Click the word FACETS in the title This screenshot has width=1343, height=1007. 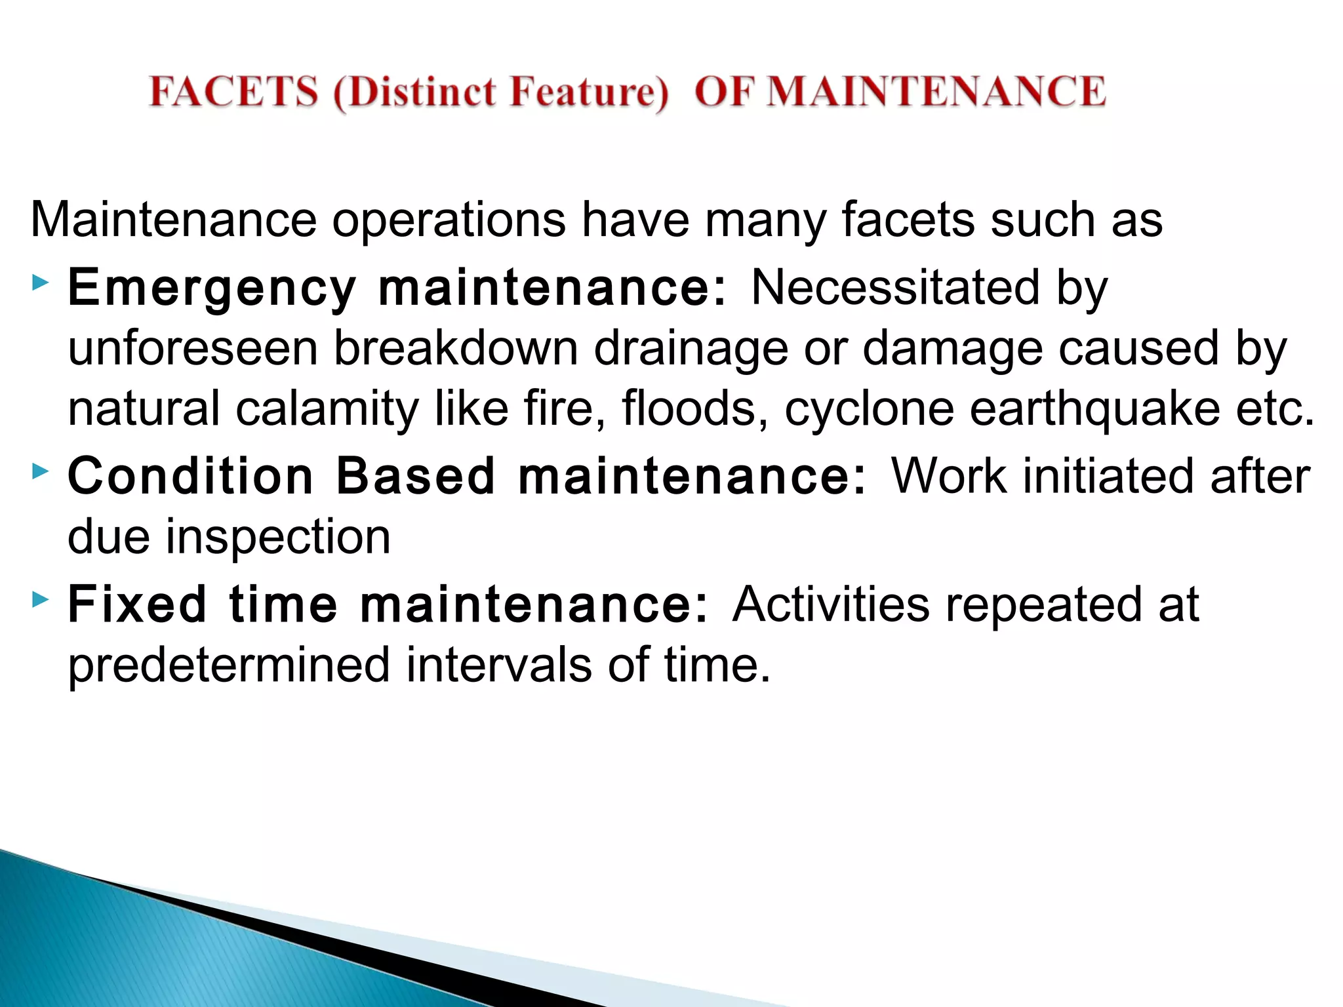[x=233, y=91]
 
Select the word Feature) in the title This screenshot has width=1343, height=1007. [x=589, y=92]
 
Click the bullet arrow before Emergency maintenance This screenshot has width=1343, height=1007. [x=40, y=283]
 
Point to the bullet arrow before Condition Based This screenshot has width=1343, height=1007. [x=40, y=471]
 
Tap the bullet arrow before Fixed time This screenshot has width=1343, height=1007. [x=40, y=599]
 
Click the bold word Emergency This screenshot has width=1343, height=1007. [x=212, y=288]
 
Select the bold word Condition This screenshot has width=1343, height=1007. [x=191, y=476]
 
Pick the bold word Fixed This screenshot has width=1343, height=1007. [x=137, y=604]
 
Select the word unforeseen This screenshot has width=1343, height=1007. [x=193, y=348]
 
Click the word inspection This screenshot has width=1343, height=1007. [x=277, y=537]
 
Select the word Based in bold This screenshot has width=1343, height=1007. [x=415, y=476]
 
